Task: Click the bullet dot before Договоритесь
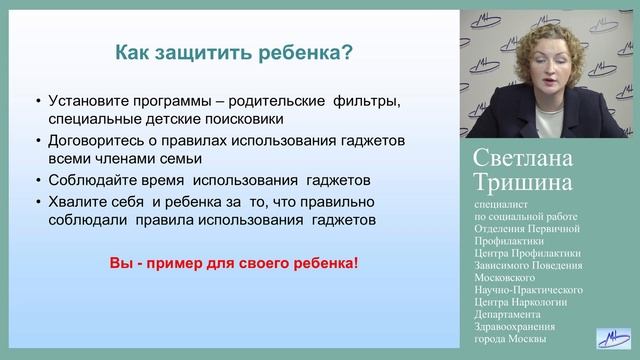38,141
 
